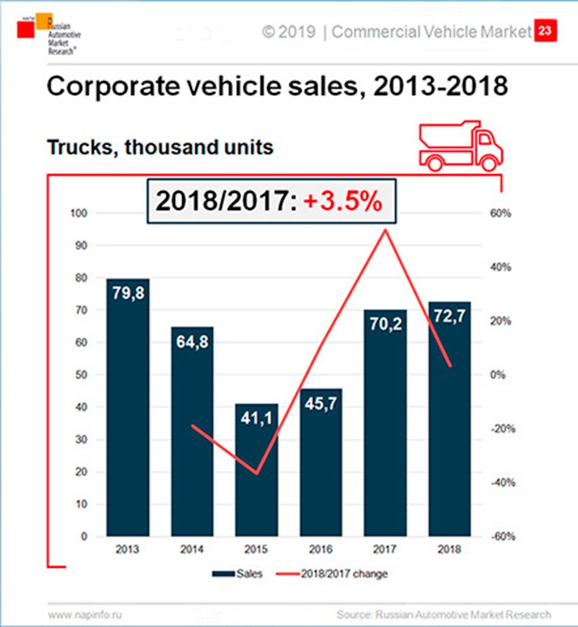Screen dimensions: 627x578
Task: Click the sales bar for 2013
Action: (128, 408)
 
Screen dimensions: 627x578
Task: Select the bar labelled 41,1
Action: (256, 476)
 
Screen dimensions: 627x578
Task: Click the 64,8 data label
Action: (192, 341)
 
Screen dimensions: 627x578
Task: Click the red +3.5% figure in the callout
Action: (343, 202)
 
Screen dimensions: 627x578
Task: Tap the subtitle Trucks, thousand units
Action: (160, 146)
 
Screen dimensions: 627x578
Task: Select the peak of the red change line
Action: (385, 230)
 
